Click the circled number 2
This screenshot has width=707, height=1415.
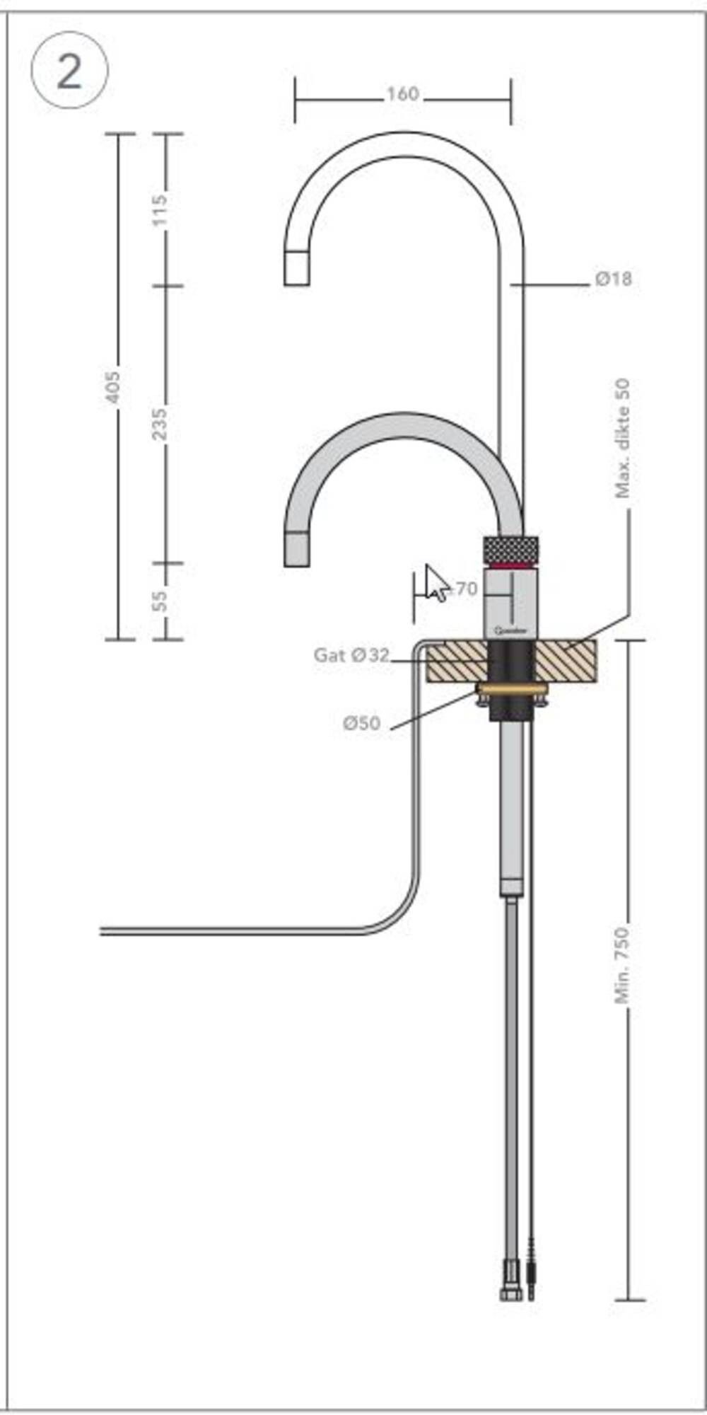[x=69, y=71]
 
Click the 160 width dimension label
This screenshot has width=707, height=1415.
[x=402, y=94]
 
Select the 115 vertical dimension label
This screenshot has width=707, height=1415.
[x=161, y=209]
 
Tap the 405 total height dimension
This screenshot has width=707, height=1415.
[x=113, y=387]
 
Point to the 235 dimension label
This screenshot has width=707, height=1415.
[x=161, y=423]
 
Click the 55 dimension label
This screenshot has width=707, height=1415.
[x=161, y=601]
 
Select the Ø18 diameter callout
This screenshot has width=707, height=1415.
[x=613, y=279]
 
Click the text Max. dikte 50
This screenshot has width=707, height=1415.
[x=622, y=439]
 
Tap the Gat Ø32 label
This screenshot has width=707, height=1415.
[x=351, y=655]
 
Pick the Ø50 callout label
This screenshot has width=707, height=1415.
[x=361, y=723]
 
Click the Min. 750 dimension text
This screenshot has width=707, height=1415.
[x=622, y=964]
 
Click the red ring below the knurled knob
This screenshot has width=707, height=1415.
[x=510, y=566]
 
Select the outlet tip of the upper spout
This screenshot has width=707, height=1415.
[x=296, y=269]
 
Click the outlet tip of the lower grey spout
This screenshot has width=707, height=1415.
[x=296, y=549]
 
